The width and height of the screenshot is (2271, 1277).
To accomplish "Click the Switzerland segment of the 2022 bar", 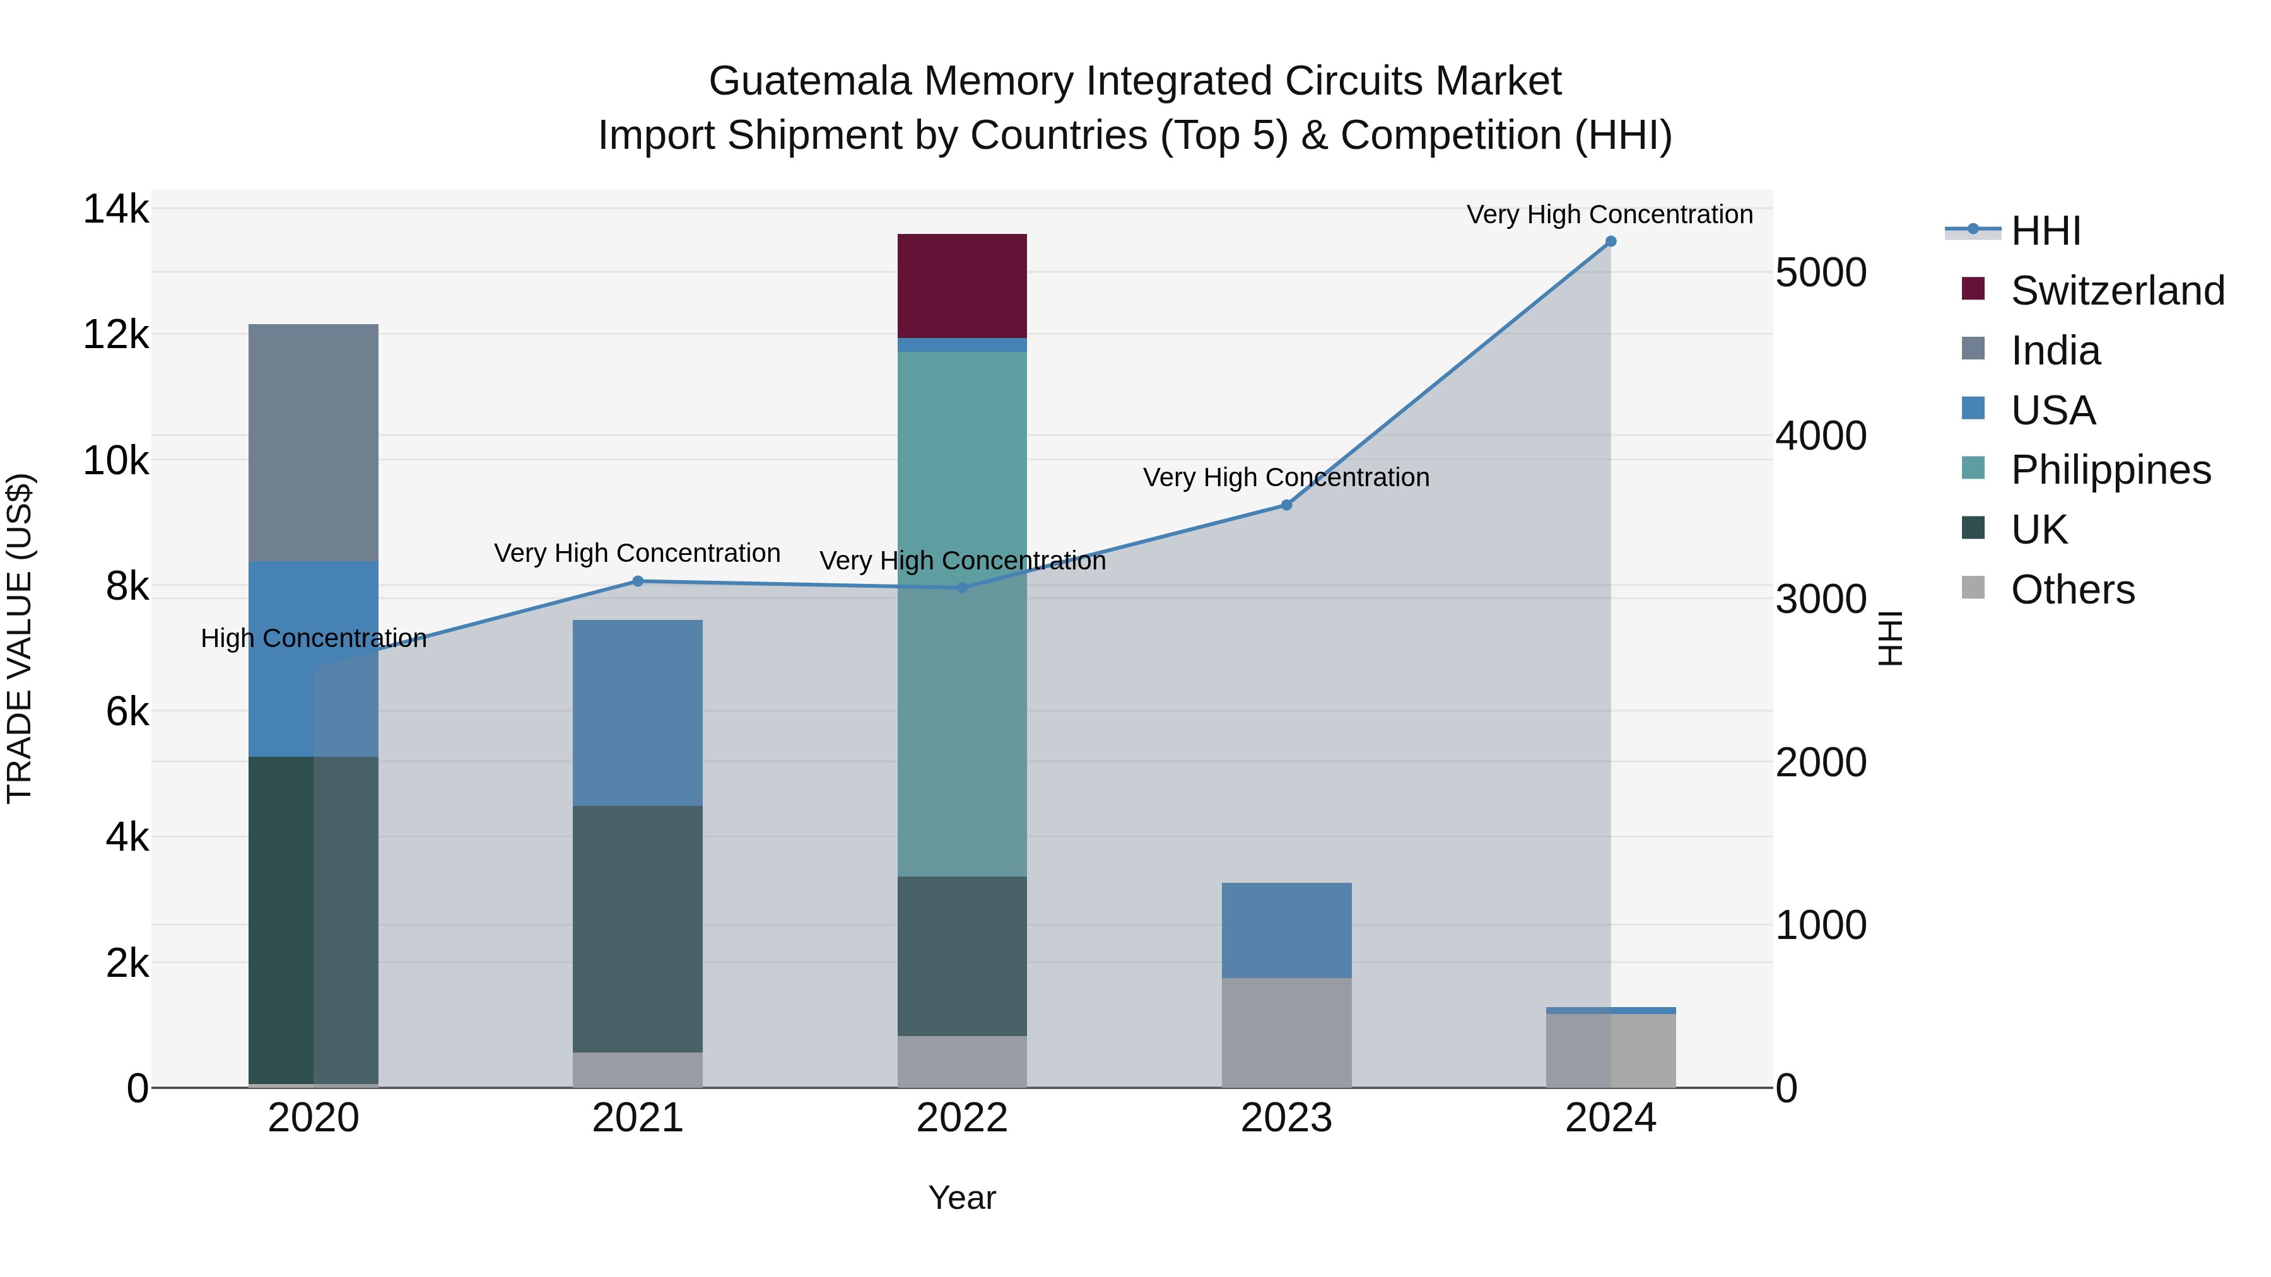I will pyautogui.click(x=962, y=286).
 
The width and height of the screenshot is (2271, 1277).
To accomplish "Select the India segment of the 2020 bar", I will pyautogui.click(x=313, y=443).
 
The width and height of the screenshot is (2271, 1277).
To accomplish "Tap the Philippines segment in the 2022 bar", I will pyautogui.click(x=962, y=614).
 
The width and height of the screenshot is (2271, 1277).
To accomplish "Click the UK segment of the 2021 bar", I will pyautogui.click(x=637, y=929).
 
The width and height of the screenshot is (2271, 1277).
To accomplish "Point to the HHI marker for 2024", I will pyautogui.click(x=1611, y=242).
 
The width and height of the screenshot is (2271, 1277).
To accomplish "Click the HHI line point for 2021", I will pyautogui.click(x=637, y=581).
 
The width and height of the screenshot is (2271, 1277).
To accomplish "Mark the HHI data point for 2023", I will pyautogui.click(x=1286, y=505).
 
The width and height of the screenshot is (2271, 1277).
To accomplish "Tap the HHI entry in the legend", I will pyautogui.click(x=2045, y=231).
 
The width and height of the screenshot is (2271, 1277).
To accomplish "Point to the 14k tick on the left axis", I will pyautogui.click(x=115, y=210).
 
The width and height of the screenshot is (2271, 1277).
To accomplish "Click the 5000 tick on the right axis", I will pyautogui.click(x=1821, y=272).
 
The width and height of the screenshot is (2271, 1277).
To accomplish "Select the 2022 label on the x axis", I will pyautogui.click(x=962, y=1118).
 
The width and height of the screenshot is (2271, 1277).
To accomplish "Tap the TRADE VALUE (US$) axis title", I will pyautogui.click(x=20, y=638).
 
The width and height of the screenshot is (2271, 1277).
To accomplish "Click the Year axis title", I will pyautogui.click(x=962, y=1198).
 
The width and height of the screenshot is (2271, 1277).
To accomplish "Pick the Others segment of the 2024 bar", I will pyautogui.click(x=1611, y=1051).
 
